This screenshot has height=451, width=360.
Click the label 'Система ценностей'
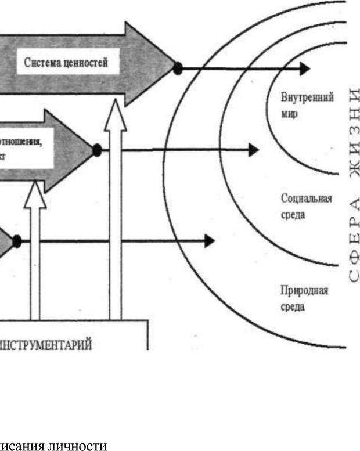pyautogui.click(x=66, y=63)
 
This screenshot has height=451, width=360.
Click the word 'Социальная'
pyautogui.click(x=306, y=199)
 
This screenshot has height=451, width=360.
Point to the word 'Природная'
pyautogui.click(x=304, y=290)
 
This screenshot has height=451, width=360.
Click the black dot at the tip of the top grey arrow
pyautogui.click(x=178, y=68)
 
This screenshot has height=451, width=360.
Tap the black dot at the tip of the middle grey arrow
pyautogui.click(x=97, y=150)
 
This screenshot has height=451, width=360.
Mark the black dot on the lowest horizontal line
pyautogui.click(x=17, y=241)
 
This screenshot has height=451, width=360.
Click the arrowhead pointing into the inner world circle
pyautogui.click(x=303, y=68)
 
